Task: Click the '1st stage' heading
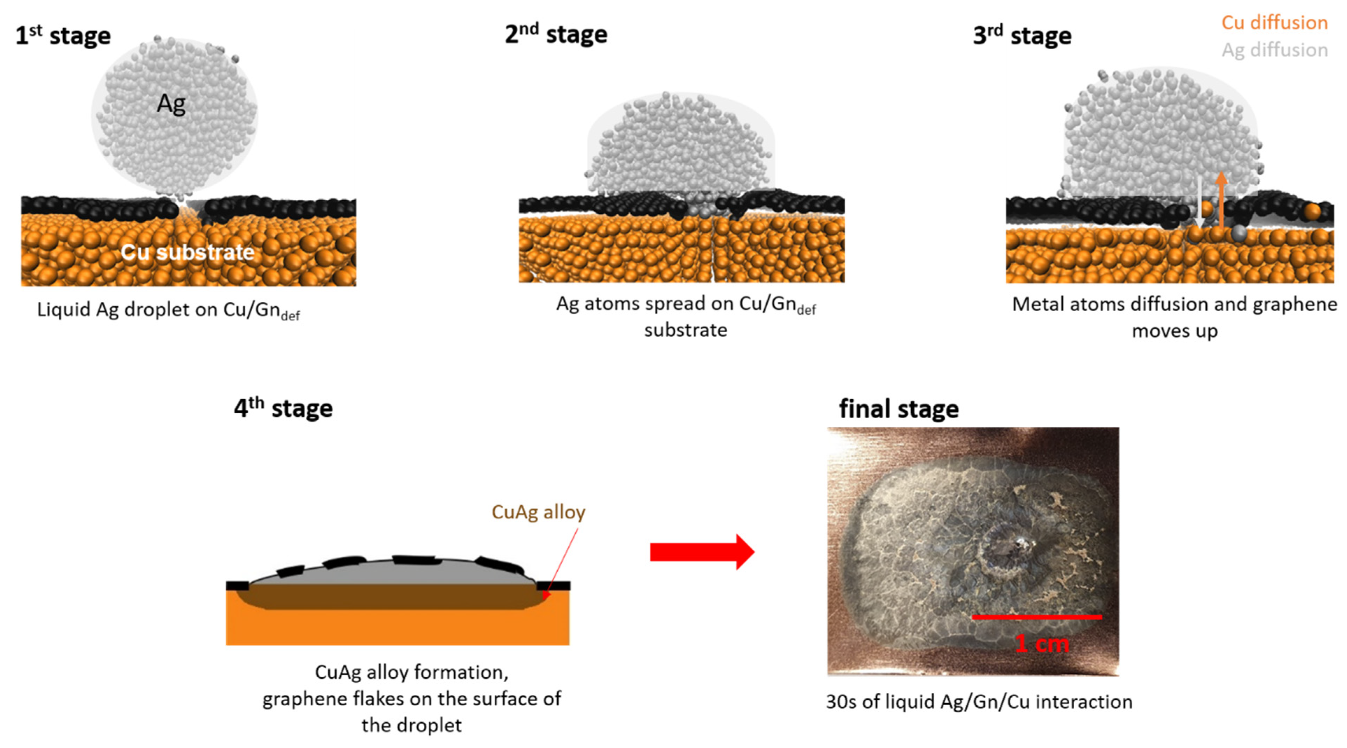[63, 36]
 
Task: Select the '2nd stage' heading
[556, 35]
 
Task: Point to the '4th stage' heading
[283, 408]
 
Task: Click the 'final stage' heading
[898, 409]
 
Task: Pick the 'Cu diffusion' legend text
[1274, 22]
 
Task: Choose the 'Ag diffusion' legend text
[1274, 50]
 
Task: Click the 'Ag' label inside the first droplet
[171, 104]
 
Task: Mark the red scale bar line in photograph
[1036, 617]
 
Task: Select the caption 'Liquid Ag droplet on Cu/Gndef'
[167, 310]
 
